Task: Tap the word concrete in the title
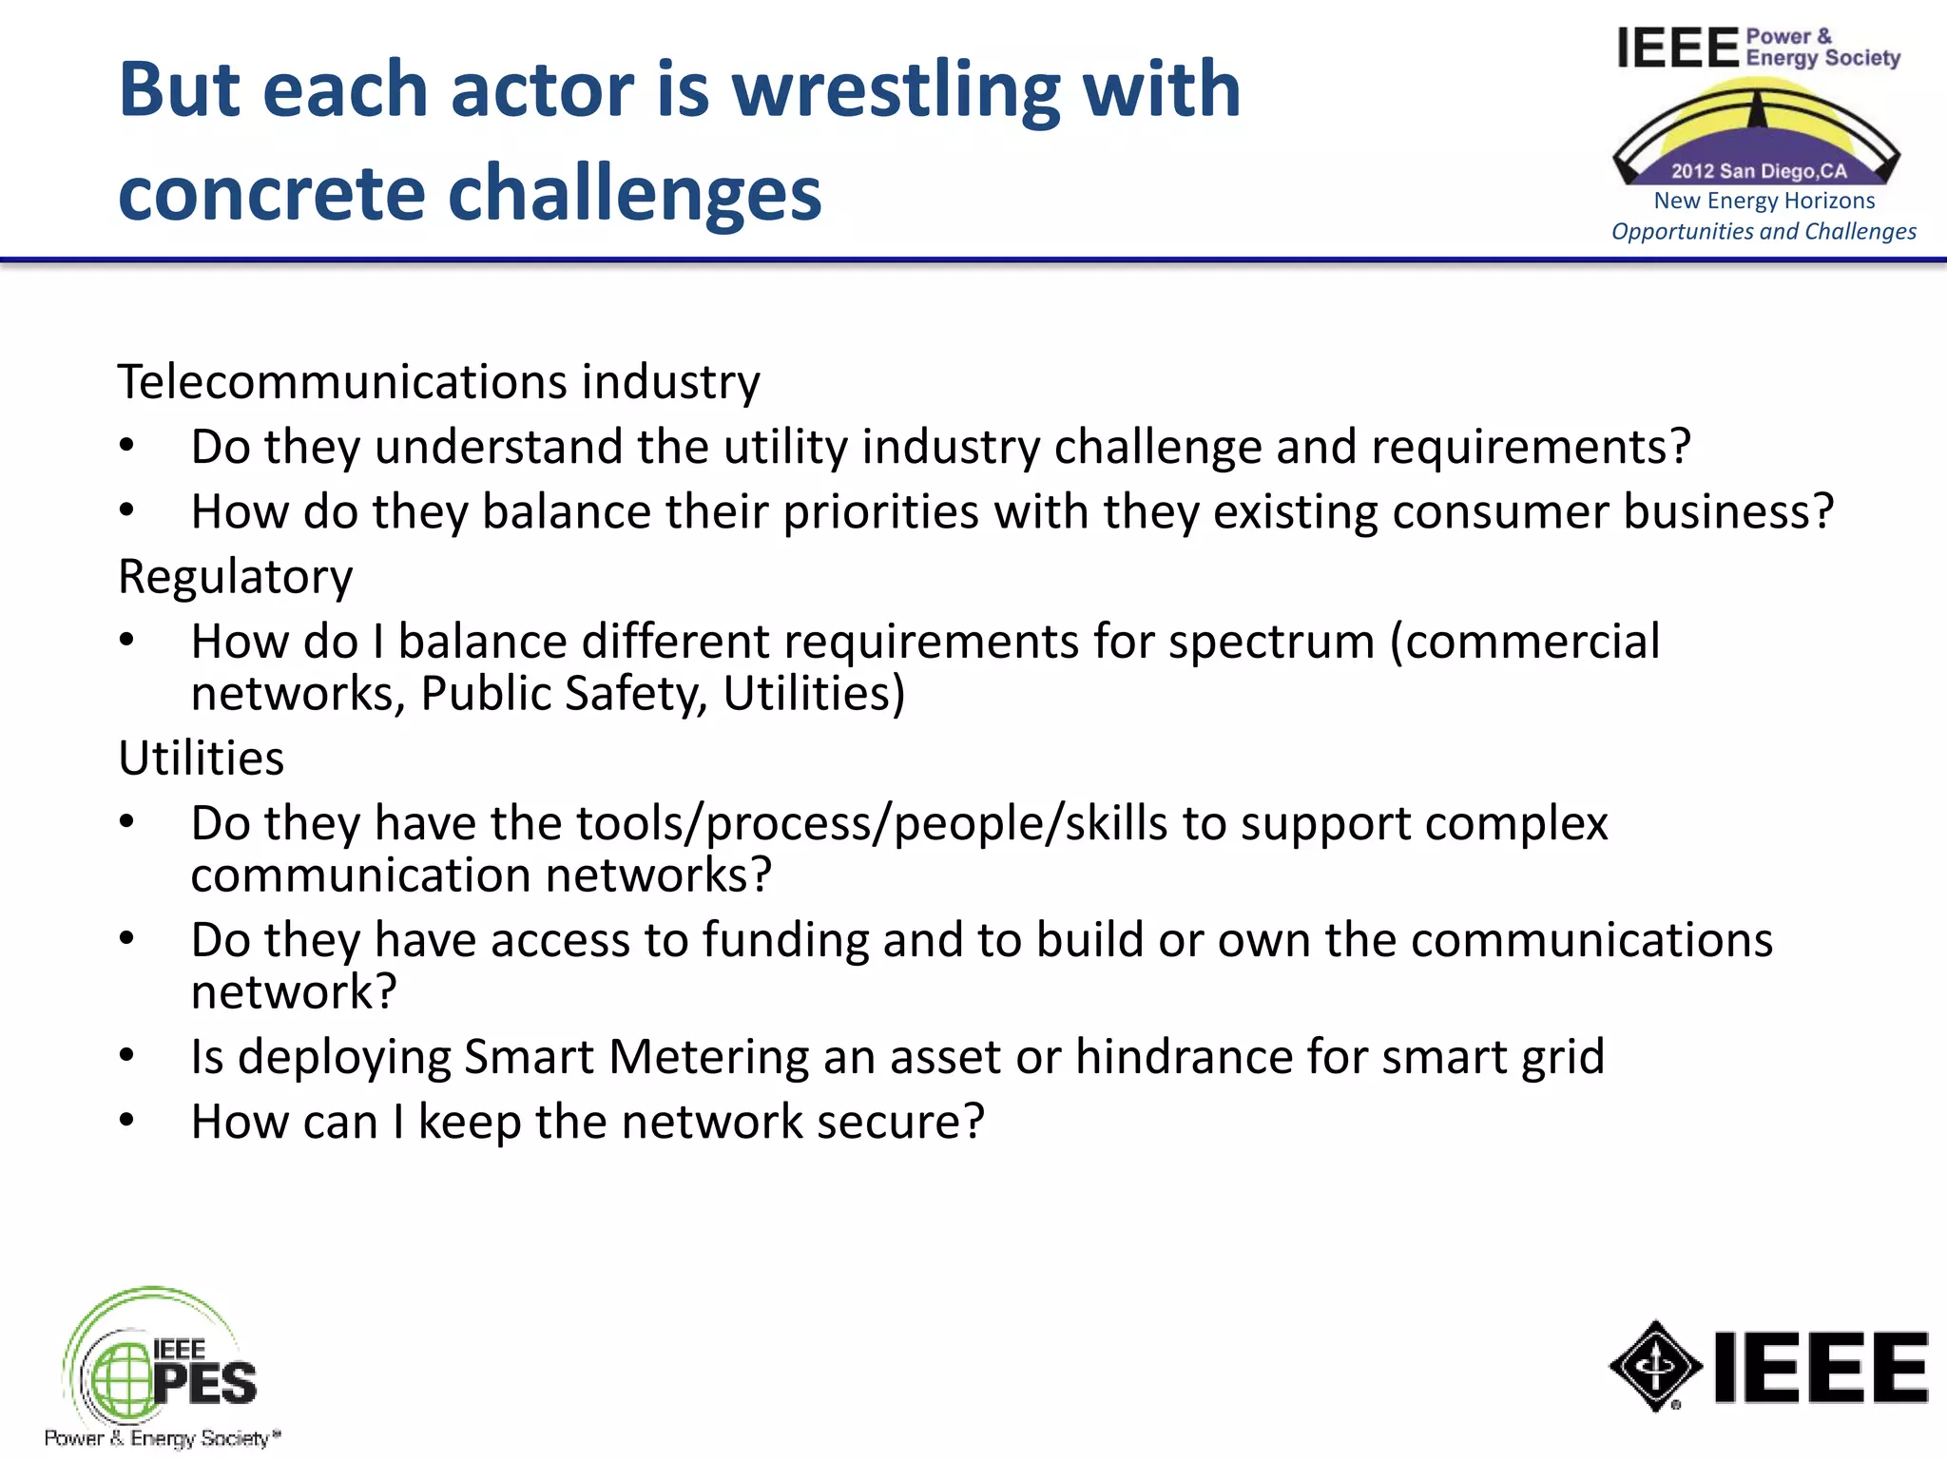point(270,193)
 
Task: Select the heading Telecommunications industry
point(438,382)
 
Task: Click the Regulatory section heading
point(235,577)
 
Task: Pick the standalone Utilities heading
point(201,759)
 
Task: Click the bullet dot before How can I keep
point(127,1122)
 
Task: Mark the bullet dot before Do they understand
point(127,447)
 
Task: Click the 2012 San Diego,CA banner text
point(1759,171)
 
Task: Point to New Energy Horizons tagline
point(1764,201)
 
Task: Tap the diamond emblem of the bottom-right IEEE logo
point(1655,1367)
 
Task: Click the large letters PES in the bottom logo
point(204,1383)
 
